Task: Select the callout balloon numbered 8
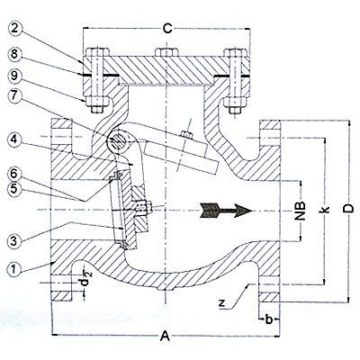click(x=14, y=54)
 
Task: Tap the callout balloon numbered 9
click(x=14, y=76)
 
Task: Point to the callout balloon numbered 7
click(x=14, y=96)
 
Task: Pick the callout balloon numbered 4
click(x=14, y=139)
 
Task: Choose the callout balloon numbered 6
click(x=14, y=174)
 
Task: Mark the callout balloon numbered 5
click(x=14, y=190)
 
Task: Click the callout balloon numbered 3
click(x=14, y=241)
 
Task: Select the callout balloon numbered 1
click(x=14, y=268)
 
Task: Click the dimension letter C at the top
click(x=167, y=29)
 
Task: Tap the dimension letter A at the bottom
click(x=165, y=336)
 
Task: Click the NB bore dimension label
click(x=301, y=210)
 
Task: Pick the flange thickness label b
click(x=269, y=319)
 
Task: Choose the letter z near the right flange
click(x=221, y=303)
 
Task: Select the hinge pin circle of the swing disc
click(x=118, y=140)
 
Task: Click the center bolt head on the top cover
click(x=166, y=51)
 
